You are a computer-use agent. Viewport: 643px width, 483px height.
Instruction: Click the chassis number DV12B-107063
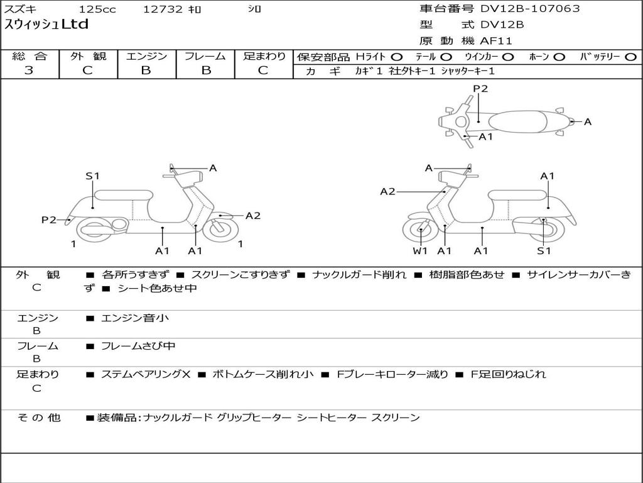(530, 9)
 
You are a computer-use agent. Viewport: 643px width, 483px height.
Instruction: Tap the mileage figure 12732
(163, 9)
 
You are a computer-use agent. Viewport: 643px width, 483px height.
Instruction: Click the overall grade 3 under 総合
(29, 70)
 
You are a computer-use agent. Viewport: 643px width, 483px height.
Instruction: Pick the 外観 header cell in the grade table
(88, 56)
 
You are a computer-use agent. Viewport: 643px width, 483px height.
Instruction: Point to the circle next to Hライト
(397, 57)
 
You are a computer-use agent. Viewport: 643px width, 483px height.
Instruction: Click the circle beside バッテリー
(630, 57)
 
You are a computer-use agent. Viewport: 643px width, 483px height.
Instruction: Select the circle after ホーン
(559, 57)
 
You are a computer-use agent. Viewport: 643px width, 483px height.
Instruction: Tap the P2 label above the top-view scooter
(480, 89)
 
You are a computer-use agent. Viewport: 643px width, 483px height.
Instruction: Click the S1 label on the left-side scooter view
(93, 176)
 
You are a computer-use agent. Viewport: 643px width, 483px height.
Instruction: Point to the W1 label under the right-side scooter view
(420, 251)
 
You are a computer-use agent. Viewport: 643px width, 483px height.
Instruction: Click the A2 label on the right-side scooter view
(387, 191)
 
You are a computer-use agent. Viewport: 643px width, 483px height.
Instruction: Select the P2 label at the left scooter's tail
(49, 220)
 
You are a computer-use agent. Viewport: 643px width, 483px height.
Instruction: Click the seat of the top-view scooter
(517, 122)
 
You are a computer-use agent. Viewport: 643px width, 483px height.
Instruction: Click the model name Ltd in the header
(75, 25)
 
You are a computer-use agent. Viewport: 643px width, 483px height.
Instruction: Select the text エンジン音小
(134, 318)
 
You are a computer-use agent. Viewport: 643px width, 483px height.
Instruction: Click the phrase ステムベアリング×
(146, 375)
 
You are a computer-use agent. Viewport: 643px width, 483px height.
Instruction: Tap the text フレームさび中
(138, 347)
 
